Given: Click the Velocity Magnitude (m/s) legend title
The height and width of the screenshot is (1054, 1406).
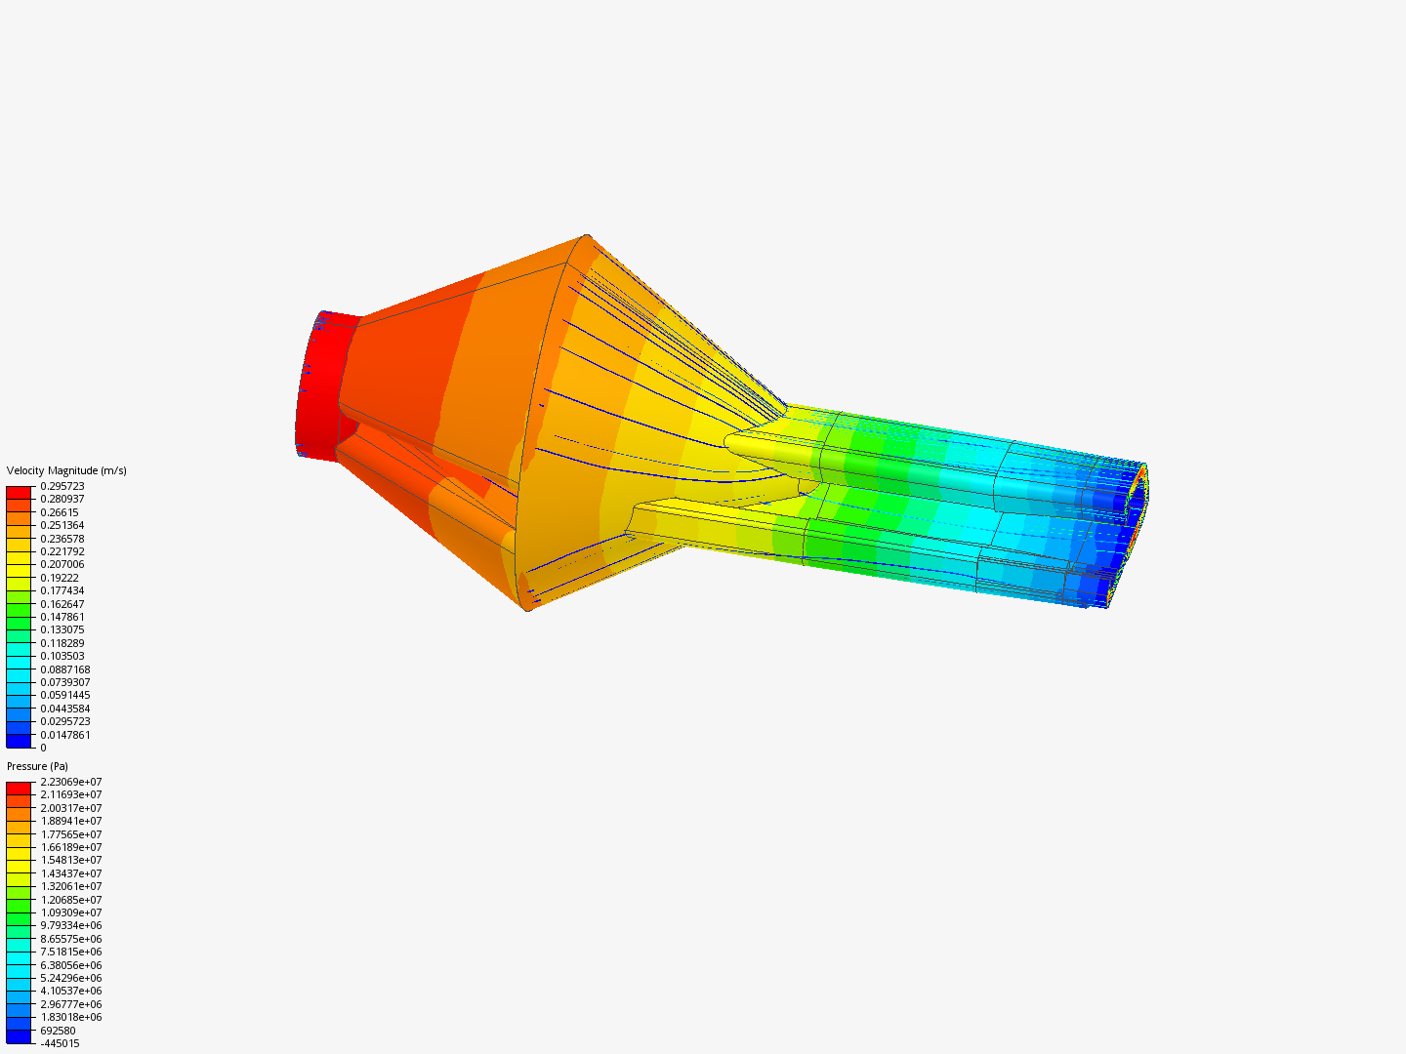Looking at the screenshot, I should [66, 470].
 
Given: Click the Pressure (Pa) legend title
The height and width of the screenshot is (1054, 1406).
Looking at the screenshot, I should [37, 766].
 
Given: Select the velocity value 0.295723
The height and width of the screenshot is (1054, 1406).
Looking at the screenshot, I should [62, 486].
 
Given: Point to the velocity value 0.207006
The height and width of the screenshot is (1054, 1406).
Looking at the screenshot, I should [62, 564].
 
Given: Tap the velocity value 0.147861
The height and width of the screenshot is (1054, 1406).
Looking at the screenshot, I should [62, 617].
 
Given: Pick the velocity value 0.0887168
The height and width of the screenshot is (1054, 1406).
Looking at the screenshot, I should [65, 669].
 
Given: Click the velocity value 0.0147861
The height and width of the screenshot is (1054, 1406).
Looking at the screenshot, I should [65, 735].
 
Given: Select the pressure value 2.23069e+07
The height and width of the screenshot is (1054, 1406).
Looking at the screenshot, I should [71, 782].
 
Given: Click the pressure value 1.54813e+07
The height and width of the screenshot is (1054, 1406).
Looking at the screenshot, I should [71, 860].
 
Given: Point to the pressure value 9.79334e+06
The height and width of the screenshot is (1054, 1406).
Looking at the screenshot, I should [71, 925].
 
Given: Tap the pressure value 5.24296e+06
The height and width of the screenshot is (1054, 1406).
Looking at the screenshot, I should [71, 978].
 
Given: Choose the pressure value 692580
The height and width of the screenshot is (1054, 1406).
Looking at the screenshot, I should [58, 1031].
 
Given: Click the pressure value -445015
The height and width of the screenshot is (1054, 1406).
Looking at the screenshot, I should [60, 1043].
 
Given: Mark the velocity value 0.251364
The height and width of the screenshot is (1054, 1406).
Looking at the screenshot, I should [62, 525].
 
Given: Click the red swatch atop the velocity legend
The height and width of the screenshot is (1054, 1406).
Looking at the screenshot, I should [19, 492].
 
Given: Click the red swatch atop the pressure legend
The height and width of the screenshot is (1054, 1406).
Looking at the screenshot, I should [19, 788].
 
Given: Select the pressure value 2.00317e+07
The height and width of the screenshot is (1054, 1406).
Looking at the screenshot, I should [71, 808].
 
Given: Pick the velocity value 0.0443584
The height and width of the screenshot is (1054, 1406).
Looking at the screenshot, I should [65, 709].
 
